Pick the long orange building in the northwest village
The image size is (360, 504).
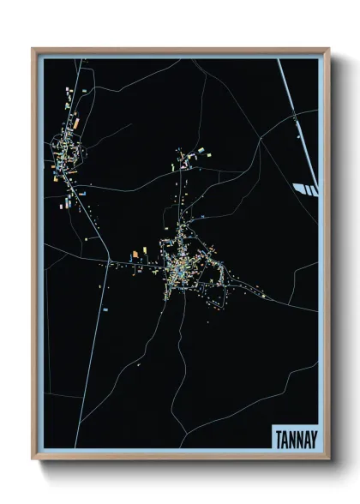(76, 124)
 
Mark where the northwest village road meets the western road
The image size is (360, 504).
(110, 260)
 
